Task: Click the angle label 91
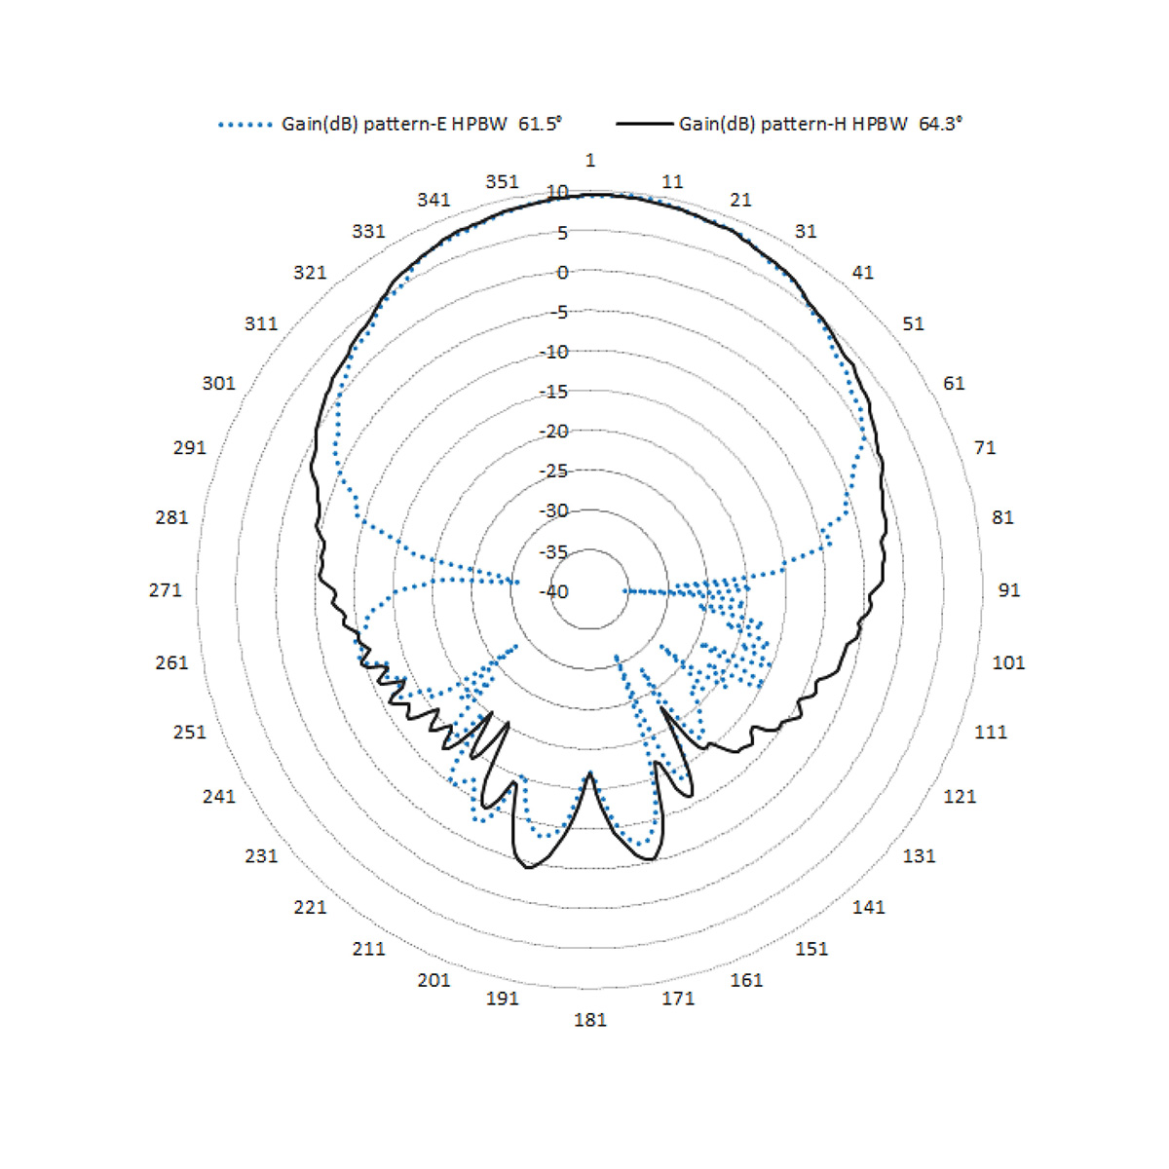[x=1009, y=589]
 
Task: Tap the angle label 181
[x=589, y=1020]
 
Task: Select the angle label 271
[x=165, y=589]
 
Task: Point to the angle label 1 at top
[x=589, y=160]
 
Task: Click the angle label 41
[x=862, y=273]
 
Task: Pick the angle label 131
[x=919, y=856]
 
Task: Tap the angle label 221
[x=310, y=907]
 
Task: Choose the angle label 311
[x=260, y=323]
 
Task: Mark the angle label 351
[x=502, y=182]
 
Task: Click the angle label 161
[x=746, y=980]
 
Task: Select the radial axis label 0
[x=562, y=273]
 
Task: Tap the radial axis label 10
[x=557, y=192]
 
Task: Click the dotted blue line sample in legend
[x=245, y=125]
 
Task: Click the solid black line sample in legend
[x=644, y=125]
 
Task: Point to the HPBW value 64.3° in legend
[x=940, y=124]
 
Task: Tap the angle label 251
[x=189, y=732]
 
